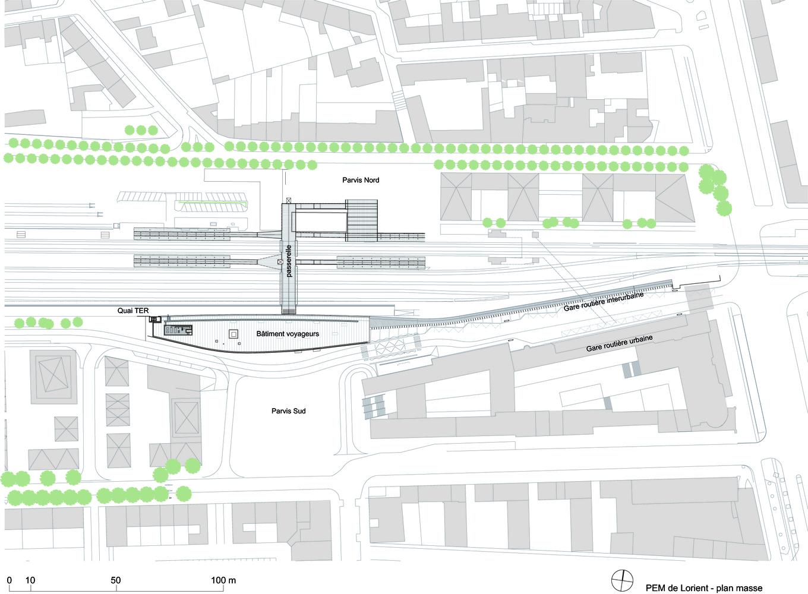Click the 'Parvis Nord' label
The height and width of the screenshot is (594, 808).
361,180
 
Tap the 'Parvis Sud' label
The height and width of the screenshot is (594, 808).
288,411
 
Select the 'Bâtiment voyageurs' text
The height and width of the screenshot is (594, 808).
288,334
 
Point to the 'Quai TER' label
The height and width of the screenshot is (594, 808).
133,311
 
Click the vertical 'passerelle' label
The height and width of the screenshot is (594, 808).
289,261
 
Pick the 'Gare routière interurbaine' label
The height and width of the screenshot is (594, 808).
604,301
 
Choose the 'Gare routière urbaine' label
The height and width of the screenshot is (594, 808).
619,343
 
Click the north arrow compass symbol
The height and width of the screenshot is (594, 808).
623,580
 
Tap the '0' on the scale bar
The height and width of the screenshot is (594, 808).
9,580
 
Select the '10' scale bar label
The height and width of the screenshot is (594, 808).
30,580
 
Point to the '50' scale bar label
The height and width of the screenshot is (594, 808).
116,580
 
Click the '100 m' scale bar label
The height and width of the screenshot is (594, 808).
223,580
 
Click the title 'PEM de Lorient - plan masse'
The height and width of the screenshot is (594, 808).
704,588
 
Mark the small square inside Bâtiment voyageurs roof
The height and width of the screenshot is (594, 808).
233,334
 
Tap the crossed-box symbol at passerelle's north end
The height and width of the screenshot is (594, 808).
289,201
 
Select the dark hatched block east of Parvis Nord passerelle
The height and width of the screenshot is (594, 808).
362,221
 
